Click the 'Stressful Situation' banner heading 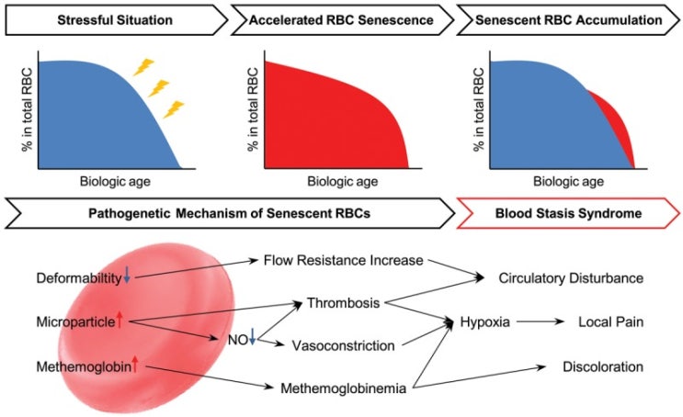pyautogui.click(x=115, y=20)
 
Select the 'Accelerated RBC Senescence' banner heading pyautogui.click(x=341, y=20)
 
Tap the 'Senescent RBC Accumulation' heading pyautogui.click(x=568, y=20)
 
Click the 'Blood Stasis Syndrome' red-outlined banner pyautogui.click(x=568, y=213)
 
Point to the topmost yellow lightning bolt pyautogui.click(x=143, y=67)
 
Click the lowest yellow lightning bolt pyautogui.click(x=174, y=109)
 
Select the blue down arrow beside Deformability pyautogui.click(x=127, y=276)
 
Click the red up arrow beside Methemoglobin pyautogui.click(x=134, y=365)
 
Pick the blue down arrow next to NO pyautogui.click(x=252, y=336)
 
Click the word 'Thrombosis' pyautogui.click(x=343, y=303)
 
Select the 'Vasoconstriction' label pyautogui.click(x=343, y=345)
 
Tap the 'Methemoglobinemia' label pyautogui.click(x=343, y=389)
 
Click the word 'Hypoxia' pyautogui.click(x=484, y=322)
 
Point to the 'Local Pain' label pyautogui.click(x=610, y=322)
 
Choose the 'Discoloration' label pyautogui.click(x=603, y=367)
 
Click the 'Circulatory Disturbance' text pyautogui.click(x=571, y=278)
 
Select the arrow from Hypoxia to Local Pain pyautogui.click(x=541, y=321)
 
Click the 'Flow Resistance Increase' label pyautogui.click(x=343, y=260)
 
